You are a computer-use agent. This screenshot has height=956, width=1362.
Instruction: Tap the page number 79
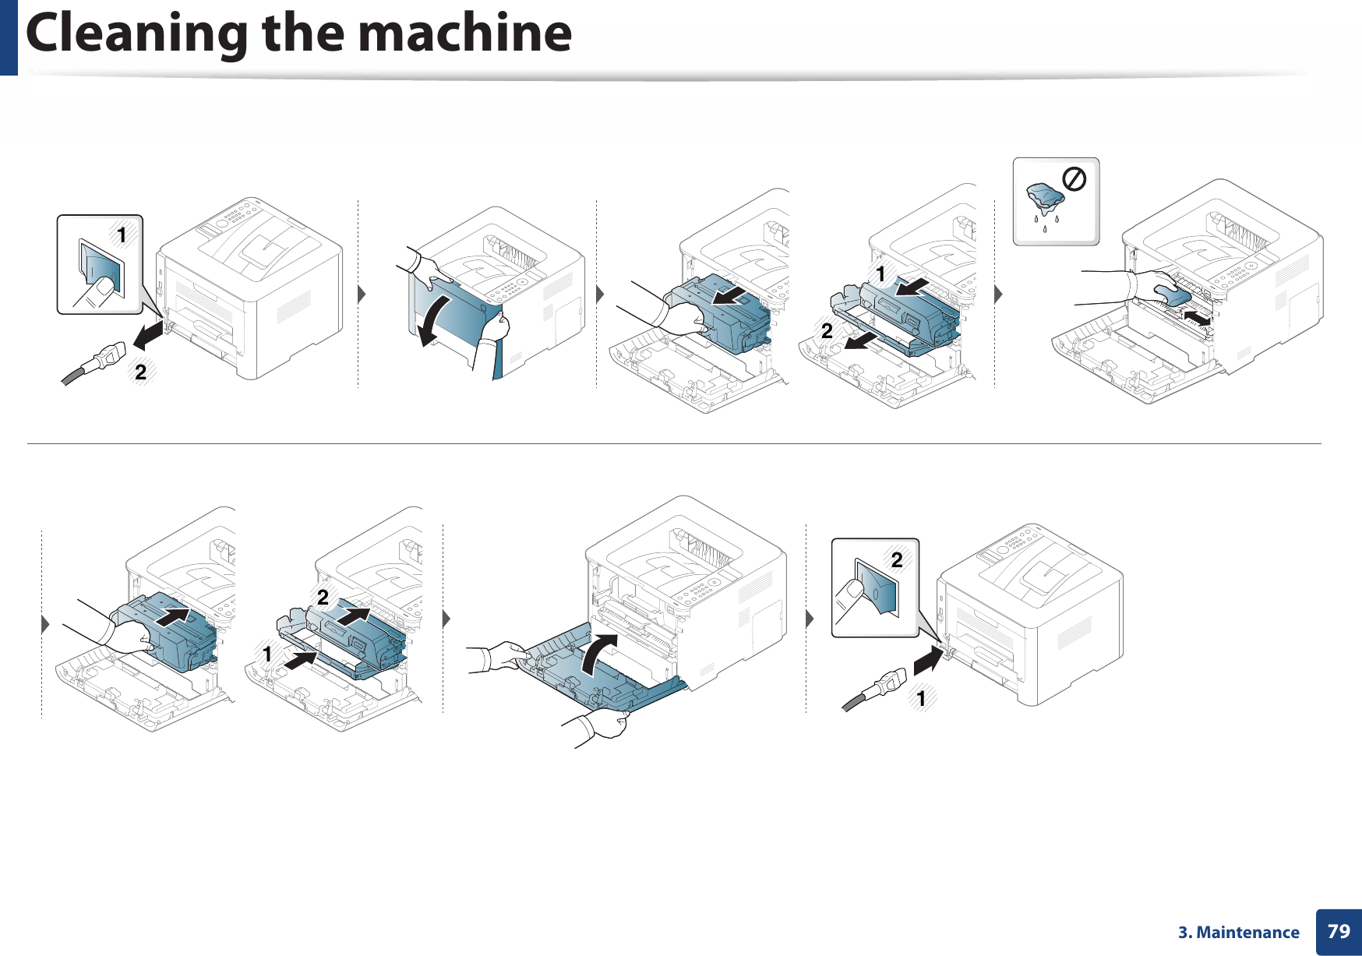[x=1338, y=931]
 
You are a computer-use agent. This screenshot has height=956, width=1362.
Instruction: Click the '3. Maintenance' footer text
[x=1238, y=933]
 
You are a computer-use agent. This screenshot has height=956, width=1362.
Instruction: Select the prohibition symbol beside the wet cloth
[x=1074, y=181]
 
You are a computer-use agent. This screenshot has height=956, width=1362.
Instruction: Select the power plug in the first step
[x=105, y=362]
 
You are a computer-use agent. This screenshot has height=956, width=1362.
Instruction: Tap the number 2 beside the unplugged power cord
[x=140, y=372]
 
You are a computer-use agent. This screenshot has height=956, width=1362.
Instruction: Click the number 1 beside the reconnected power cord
[x=921, y=698]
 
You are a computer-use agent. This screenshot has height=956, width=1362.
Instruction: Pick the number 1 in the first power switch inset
[x=121, y=235]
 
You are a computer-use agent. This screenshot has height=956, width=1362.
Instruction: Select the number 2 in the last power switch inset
[x=897, y=559]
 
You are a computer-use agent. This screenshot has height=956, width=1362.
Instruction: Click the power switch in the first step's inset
[x=101, y=269]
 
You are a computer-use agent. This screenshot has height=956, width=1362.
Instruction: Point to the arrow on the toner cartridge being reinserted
[x=172, y=616]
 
